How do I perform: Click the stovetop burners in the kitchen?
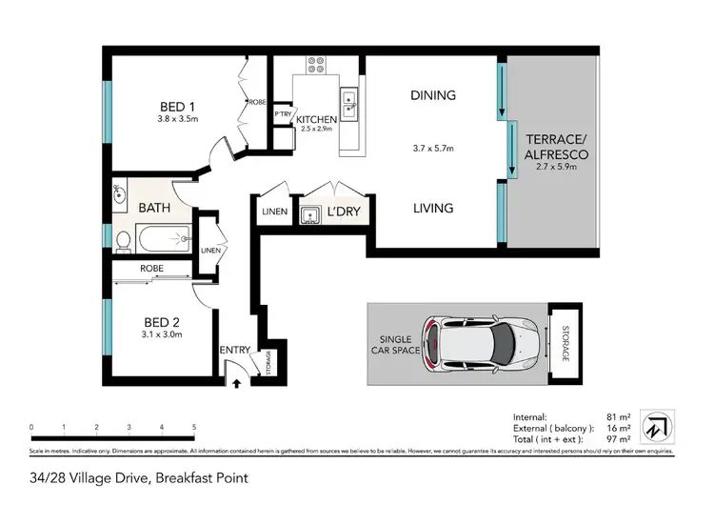(315, 66)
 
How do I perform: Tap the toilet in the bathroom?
(122, 239)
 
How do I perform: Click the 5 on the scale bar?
(194, 426)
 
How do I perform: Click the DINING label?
(433, 94)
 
